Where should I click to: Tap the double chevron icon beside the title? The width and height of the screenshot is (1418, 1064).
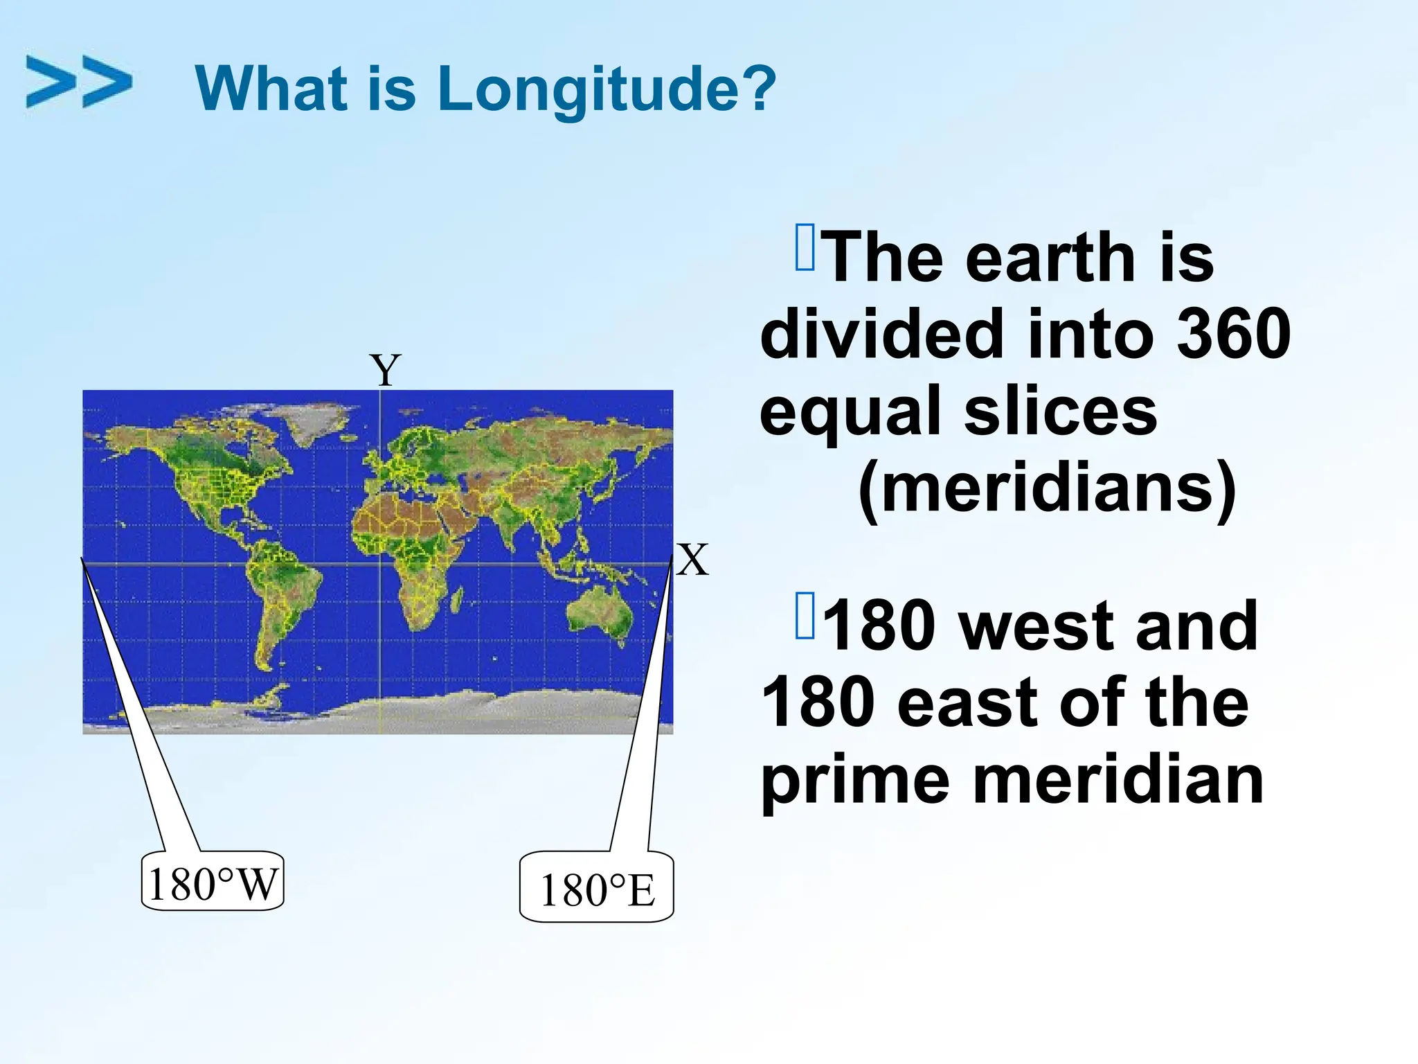79,82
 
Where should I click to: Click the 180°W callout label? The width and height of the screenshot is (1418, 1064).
213,883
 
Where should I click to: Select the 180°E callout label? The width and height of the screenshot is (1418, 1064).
597,890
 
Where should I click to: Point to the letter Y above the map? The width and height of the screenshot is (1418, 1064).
385,370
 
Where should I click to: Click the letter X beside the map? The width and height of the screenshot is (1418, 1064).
692,560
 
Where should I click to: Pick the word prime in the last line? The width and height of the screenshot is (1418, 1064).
856,781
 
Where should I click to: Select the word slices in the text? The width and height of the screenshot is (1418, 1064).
1061,411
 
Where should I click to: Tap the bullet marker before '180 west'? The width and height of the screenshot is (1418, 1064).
805,615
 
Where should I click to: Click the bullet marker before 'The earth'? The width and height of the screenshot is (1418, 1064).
805,247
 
